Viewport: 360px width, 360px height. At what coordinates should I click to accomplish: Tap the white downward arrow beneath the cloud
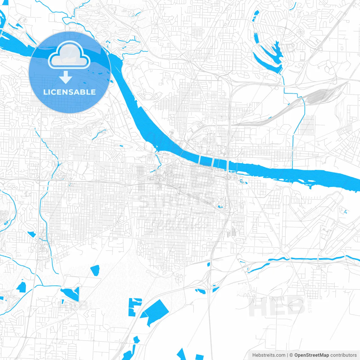coord(66,78)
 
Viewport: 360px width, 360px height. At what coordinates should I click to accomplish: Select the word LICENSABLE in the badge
coord(69,92)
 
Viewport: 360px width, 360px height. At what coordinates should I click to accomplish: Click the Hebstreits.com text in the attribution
coord(269,355)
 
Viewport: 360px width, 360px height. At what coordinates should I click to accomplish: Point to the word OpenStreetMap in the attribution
coord(311,355)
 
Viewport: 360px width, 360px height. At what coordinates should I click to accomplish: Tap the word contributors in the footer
coord(343,355)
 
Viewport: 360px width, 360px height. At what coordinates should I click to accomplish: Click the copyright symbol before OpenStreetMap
coord(291,355)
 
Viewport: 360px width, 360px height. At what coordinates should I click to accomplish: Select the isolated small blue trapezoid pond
coord(95,270)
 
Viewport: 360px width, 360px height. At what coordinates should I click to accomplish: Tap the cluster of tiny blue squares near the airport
coord(345,211)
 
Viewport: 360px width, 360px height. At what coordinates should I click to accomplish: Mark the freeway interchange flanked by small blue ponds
coord(208,288)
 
